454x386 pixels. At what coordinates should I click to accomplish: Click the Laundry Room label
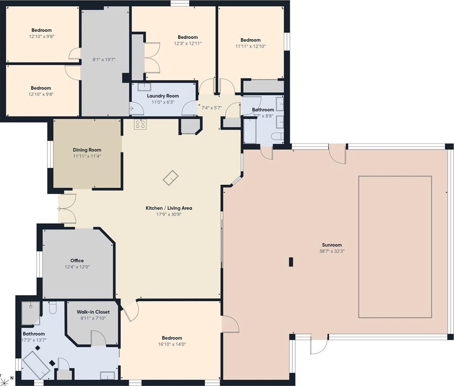tap(163, 96)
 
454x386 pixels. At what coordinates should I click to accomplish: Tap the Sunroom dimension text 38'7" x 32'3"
tap(332, 251)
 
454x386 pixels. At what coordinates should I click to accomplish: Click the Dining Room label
tap(87, 150)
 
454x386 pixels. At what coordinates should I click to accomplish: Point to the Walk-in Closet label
tap(93, 312)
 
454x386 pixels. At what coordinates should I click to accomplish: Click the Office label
tap(77, 261)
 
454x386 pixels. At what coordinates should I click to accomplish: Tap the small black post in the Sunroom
tap(291, 262)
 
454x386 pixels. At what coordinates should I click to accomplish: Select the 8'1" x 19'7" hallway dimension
tap(104, 60)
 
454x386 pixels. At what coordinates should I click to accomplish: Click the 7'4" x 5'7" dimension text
tap(211, 108)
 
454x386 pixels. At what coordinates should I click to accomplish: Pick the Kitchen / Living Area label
tap(169, 208)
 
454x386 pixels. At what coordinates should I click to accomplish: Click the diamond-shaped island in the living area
tap(170, 178)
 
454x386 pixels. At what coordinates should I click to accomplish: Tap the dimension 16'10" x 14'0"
tap(172, 344)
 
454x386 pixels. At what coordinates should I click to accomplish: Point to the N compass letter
tap(12, 378)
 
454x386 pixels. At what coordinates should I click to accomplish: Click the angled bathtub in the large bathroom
tap(36, 368)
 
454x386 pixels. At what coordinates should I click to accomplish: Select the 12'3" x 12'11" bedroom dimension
tap(188, 43)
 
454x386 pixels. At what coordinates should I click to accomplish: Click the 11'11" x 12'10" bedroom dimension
tap(250, 46)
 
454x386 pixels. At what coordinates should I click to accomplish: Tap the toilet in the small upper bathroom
tap(277, 137)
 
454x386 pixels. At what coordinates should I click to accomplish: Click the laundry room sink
tap(144, 87)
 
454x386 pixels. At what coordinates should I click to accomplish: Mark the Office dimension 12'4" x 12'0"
tap(77, 267)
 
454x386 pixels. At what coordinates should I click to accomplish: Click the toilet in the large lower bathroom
tap(53, 307)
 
